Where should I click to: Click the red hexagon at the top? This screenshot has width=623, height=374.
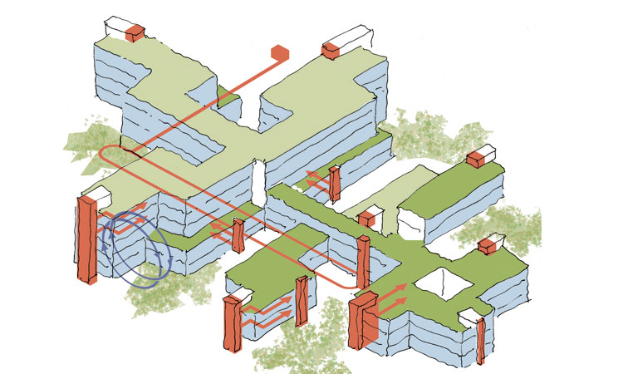[x=280, y=53]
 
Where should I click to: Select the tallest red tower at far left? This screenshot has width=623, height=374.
[x=86, y=241]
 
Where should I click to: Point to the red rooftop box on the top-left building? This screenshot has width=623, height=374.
[x=134, y=32]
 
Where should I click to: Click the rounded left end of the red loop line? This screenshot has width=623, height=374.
[x=101, y=155]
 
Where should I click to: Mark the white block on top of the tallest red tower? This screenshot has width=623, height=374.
[x=94, y=196]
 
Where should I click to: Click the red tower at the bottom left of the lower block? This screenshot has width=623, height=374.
[x=231, y=328]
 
